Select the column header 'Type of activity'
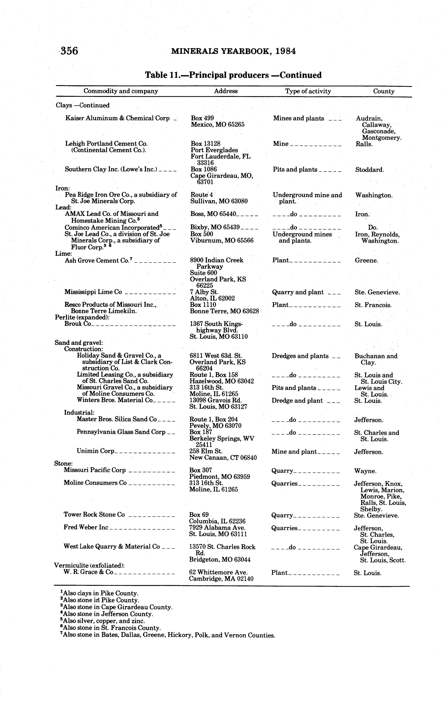(308, 91)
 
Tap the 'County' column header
(384, 91)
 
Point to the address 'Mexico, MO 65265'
(218, 125)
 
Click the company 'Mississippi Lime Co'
(93, 292)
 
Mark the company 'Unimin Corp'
(95, 451)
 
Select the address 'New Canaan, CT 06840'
(223, 458)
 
